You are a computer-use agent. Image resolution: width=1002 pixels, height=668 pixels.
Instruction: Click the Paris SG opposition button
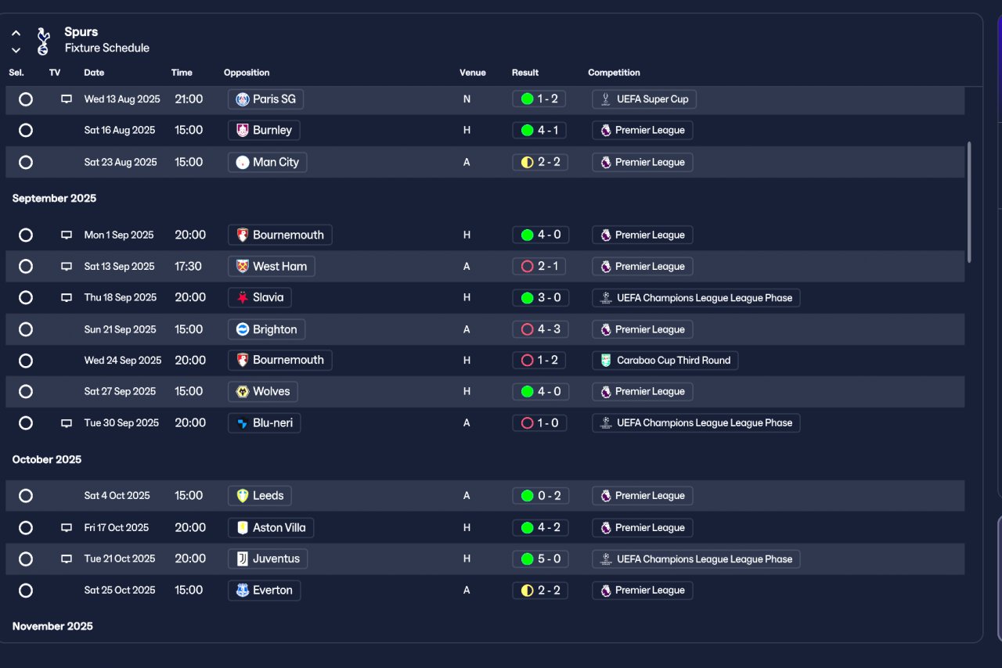point(265,99)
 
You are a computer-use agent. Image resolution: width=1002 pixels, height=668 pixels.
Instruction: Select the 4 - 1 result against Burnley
point(539,130)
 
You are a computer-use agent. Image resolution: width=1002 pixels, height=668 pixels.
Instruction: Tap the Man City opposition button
point(268,162)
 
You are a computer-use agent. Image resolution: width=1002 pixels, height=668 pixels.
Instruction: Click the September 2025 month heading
point(54,198)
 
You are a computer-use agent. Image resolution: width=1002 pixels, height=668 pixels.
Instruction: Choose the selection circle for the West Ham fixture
point(26,267)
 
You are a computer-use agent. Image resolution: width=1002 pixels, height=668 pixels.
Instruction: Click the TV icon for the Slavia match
point(67,298)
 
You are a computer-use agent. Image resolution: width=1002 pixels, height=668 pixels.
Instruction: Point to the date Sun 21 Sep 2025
point(120,329)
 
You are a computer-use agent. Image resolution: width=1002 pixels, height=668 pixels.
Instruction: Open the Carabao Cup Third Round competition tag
point(665,361)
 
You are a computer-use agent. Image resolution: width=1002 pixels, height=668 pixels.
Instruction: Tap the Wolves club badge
point(243,392)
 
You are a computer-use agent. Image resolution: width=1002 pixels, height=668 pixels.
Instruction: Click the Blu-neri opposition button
point(265,423)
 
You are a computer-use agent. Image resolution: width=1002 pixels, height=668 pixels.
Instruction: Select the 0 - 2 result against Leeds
point(540,495)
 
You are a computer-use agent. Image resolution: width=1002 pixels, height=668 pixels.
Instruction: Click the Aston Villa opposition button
point(271,528)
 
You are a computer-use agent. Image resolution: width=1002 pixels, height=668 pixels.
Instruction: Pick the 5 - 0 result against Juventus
point(540,559)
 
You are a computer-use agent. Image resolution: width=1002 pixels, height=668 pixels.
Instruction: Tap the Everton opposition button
point(265,591)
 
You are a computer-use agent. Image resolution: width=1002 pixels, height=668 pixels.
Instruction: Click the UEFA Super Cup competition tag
point(644,99)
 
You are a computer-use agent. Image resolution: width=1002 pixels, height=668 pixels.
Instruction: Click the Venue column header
point(472,73)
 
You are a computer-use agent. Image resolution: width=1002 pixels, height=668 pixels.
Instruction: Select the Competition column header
point(614,73)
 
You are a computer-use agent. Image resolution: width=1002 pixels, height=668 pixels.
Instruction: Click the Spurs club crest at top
point(43,41)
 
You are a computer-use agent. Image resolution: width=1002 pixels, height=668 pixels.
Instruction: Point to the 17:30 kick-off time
point(188,267)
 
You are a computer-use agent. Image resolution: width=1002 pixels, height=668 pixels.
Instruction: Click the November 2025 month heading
point(52,626)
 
